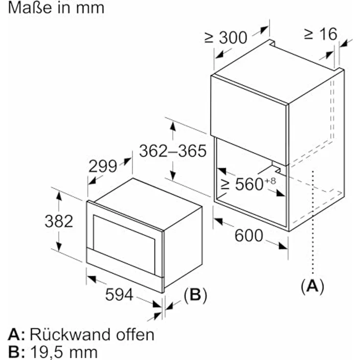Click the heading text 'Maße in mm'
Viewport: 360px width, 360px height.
click(x=56, y=8)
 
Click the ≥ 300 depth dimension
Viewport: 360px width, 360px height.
click(x=226, y=38)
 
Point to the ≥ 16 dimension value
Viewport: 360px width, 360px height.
click(x=321, y=34)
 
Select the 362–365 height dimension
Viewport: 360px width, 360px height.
click(x=173, y=151)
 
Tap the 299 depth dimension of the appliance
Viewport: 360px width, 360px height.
click(x=103, y=166)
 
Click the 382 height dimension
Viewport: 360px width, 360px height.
click(x=59, y=221)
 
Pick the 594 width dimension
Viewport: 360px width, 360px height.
click(x=119, y=294)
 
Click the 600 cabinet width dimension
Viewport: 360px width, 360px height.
click(x=248, y=235)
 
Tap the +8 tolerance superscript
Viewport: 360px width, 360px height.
click(x=270, y=181)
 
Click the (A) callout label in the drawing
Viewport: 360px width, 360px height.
click(x=313, y=286)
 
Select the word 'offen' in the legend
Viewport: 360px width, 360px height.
click(x=135, y=334)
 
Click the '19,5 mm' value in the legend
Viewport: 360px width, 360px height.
click(x=64, y=352)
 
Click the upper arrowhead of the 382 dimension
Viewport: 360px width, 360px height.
click(x=59, y=196)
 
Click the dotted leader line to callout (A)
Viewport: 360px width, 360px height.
click(x=313, y=222)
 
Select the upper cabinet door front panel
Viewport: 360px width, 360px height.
click(x=249, y=120)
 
